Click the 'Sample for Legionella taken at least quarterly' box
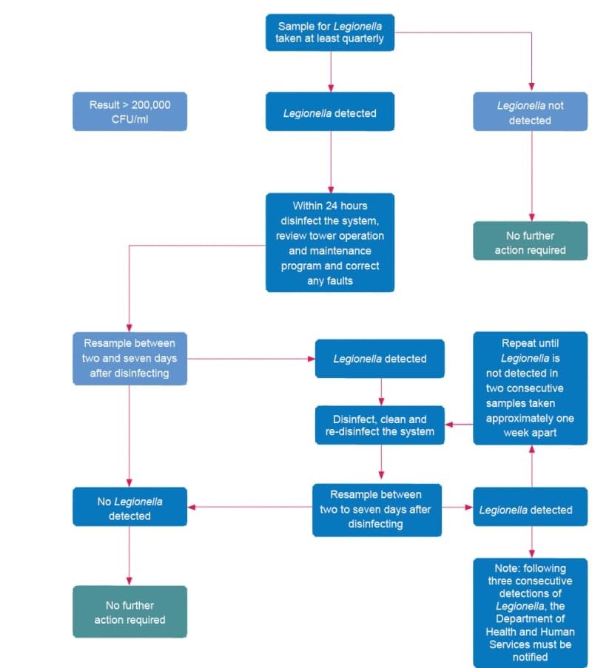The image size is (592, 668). (330, 33)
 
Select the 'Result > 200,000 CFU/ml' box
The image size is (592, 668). (129, 112)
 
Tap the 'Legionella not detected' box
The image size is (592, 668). (530, 112)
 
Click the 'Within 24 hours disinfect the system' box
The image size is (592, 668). (330, 243)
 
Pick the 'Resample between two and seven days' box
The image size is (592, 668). (129, 358)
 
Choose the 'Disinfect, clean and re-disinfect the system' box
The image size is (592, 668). (380, 425)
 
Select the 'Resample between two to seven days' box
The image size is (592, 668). (376, 509)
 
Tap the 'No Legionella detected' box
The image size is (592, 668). (129, 508)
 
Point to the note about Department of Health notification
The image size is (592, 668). (530, 613)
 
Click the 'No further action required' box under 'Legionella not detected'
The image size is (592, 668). (530, 243)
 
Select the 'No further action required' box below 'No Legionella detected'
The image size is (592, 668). (129, 612)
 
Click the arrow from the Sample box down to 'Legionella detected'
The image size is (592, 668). (330, 72)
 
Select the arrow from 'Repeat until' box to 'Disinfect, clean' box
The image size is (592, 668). (459, 425)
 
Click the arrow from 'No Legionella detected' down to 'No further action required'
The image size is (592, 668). (129, 556)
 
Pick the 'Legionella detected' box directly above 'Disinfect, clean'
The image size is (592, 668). (380, 359)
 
